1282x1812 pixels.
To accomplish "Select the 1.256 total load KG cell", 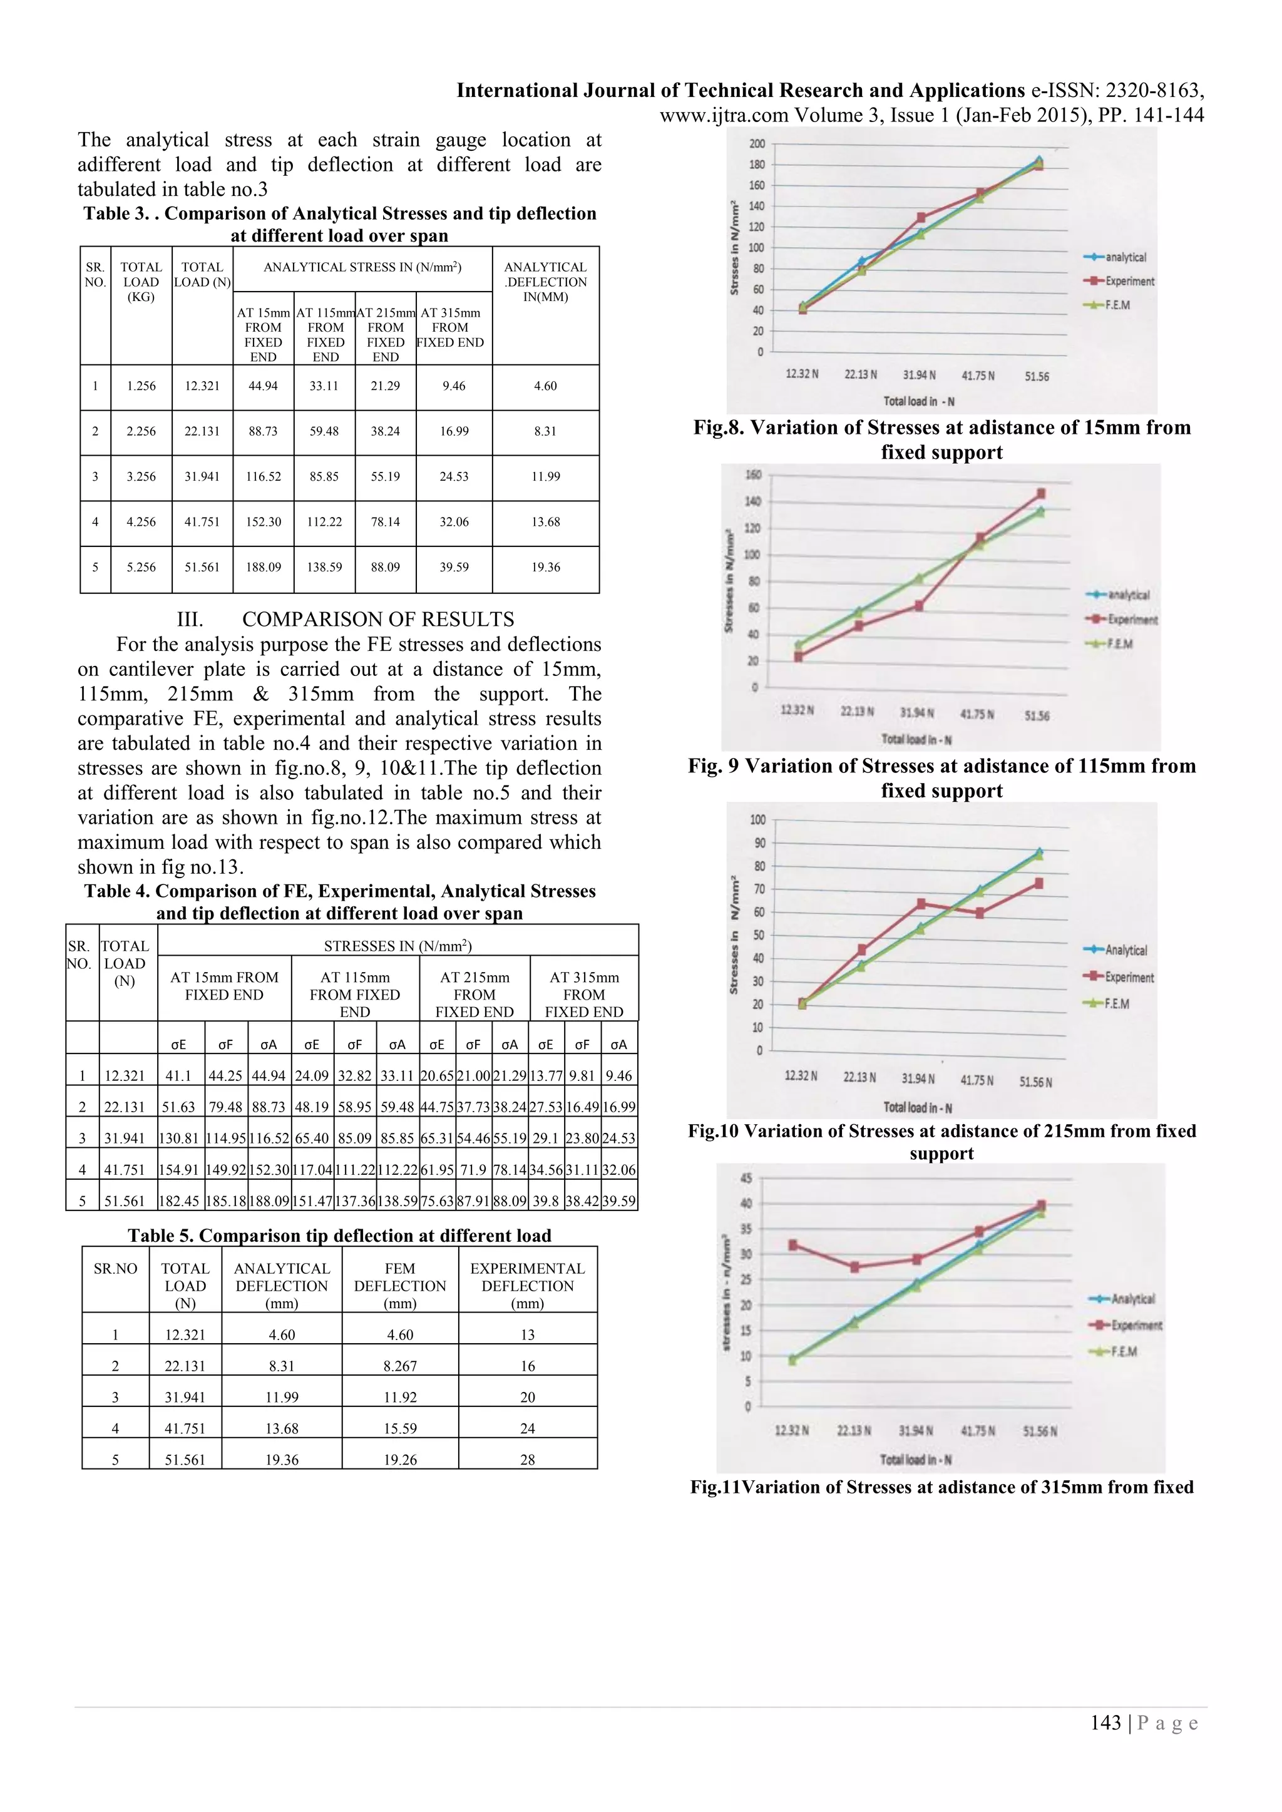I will [141, 386].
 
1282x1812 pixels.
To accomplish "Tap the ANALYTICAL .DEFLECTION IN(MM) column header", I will [545, 282].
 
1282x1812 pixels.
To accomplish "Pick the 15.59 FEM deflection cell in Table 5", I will [399, 1428].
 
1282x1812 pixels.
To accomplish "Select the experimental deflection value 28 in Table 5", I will [527, 1460].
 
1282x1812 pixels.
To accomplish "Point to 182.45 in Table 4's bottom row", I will [181, 1202].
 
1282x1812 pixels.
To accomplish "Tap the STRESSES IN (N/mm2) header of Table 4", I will [398, 946].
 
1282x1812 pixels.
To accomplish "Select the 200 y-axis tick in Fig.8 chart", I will [756, 143].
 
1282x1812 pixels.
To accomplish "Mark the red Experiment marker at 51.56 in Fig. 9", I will [1040, 494].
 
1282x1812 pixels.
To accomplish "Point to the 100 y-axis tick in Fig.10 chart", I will [757, 820].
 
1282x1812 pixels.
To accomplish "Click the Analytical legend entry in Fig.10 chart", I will [1126, 950].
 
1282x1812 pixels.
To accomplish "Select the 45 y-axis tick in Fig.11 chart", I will [746, 1179].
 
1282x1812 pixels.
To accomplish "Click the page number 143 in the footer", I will [1105, 1723].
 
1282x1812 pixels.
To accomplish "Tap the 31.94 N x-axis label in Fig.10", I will [919, 1079].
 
